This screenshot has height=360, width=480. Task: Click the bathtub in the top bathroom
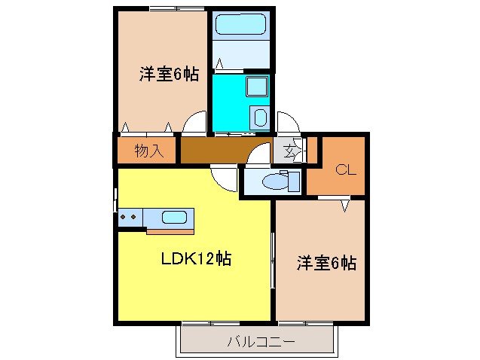(240, 26)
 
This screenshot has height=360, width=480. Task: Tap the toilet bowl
(273, 182)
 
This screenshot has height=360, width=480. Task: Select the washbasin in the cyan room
(259, 117)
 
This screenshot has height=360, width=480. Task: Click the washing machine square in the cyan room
(257, 87)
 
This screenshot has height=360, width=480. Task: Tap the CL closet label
(344, 169)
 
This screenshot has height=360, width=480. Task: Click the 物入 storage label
(148, 150)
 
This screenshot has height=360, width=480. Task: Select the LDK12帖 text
(195, 259)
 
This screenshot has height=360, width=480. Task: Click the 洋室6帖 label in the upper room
(167, 75)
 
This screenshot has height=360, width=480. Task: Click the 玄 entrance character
(291, 151)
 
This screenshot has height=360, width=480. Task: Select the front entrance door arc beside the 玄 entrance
(289, 122)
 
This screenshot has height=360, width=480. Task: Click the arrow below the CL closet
(346, 204)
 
